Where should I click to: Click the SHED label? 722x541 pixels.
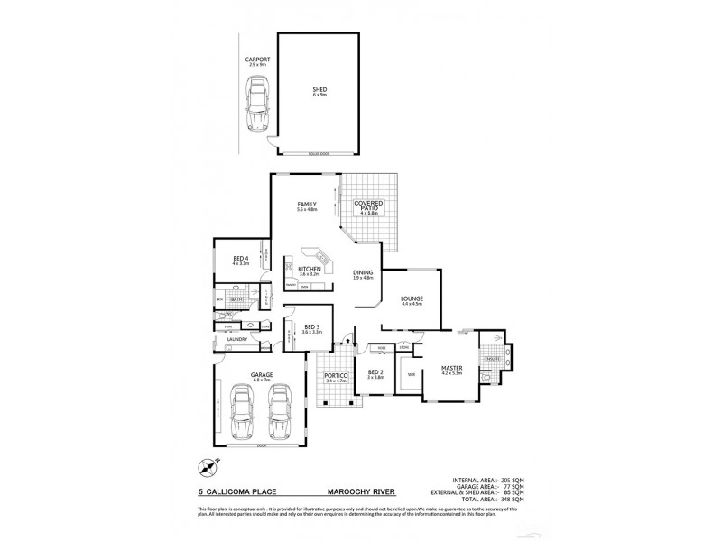[x=319, y=91]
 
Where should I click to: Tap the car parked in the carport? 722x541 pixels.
[x=258, y=102]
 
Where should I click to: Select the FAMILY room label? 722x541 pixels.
[x=307, y=206]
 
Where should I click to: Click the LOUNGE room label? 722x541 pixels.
[x=412, y=298]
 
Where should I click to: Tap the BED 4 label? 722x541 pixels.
[x=240, y=260]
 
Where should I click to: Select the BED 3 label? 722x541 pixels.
[x=311, y=327]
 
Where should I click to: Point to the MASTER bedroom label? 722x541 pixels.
[x=451, y=369]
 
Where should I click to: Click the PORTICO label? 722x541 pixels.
[x=336, y=374]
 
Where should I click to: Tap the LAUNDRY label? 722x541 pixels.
[x=237, y=340]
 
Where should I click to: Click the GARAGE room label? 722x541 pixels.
[x=262, y=374]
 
